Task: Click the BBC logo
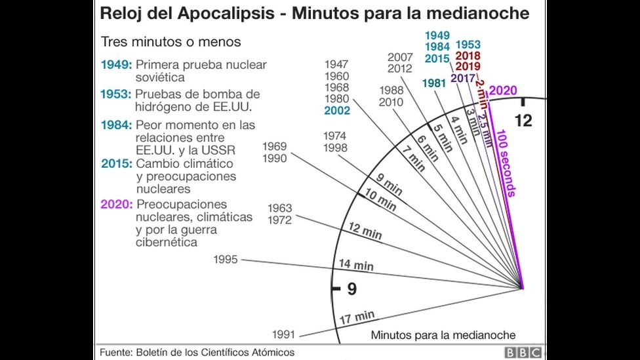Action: pos(523,352)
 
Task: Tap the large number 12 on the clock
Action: pos(523,121)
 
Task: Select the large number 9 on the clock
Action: pos(351,289)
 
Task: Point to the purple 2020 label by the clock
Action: pos(503,90)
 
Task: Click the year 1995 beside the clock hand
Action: pos(226,260)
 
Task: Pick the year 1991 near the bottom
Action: pos(285,333)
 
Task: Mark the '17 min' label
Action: pos(357,318)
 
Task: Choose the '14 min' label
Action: pos(356,265)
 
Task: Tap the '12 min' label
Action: pos(365,232)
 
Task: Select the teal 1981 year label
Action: pos(434,83)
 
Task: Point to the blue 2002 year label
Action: pos(337,111)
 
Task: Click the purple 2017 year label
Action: pos(463,78)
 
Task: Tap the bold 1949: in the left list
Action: pos(116,65)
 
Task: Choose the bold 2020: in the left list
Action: pos(117,204)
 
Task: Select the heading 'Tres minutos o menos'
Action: pos(170,42)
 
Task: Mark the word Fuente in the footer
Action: pos(115,352)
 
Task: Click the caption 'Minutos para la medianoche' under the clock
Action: pos(443,334)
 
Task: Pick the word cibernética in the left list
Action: pos(166,242)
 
